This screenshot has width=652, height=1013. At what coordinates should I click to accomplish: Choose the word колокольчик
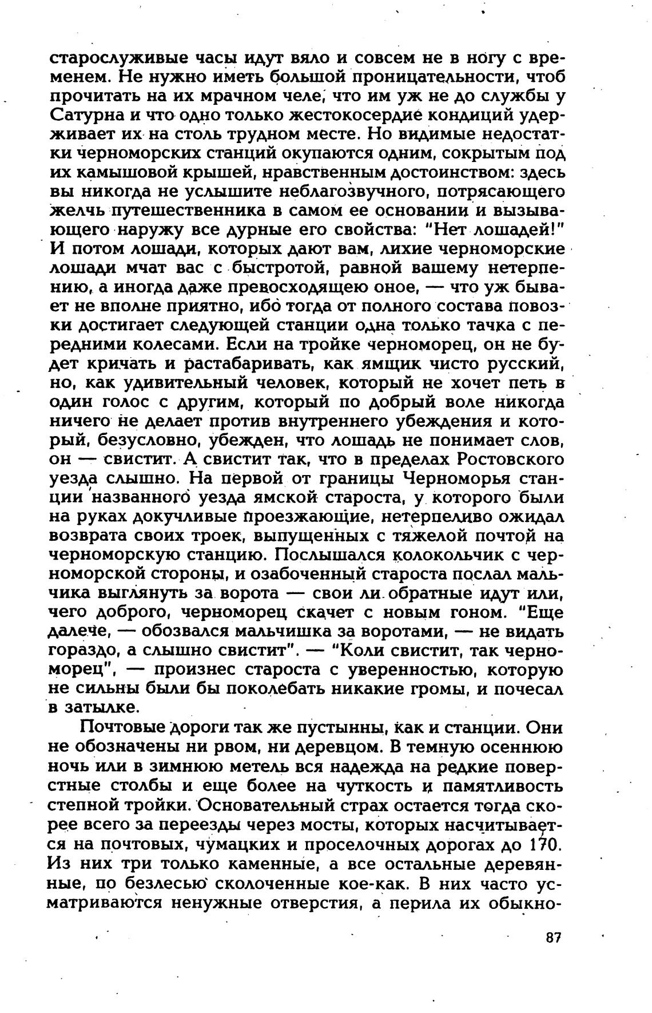[444, 556]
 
